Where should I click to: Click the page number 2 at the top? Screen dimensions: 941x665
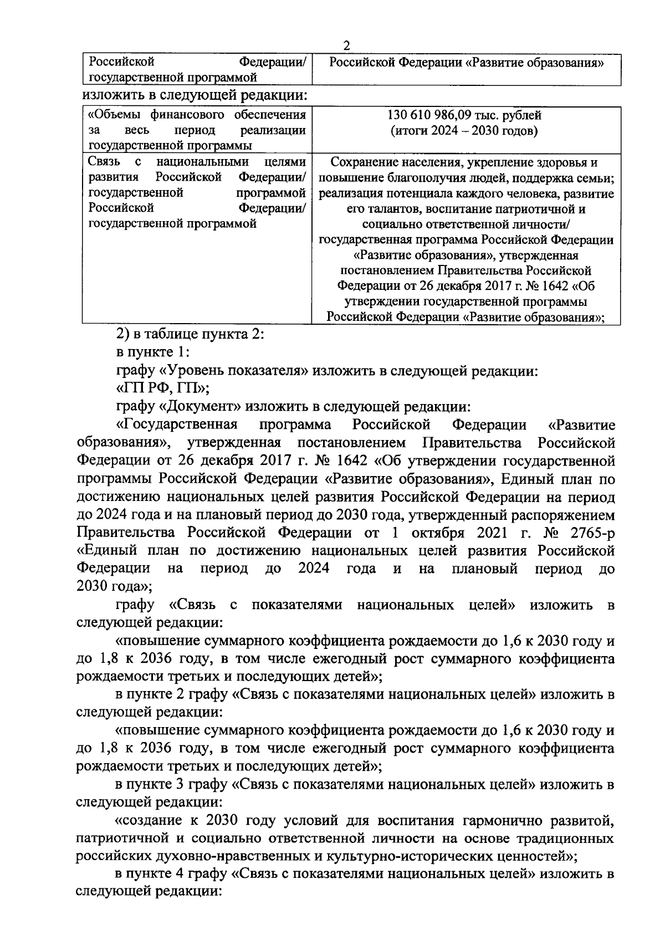pos(346,45)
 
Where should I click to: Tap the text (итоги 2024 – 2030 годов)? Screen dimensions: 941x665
pos(465,131)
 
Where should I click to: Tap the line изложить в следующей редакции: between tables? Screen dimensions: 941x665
pos(195,96)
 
